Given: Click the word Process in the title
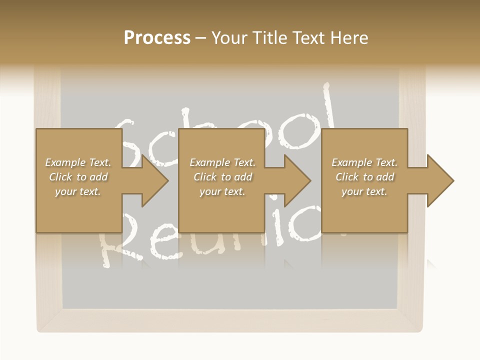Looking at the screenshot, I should [x=157, y=37].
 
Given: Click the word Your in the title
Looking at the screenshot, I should [x=228, y=37].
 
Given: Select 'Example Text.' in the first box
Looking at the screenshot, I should [x=78, y=162].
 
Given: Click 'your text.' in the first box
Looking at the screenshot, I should [x=78, y=191].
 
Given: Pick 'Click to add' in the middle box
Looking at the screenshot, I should [x=222, y=177].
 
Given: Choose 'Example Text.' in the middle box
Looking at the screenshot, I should [x=222, y=162].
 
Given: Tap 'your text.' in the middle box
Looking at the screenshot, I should [x=222, y=191].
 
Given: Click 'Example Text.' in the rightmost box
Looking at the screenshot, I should [x=364, y=162].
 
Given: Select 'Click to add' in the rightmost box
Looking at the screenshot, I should [x=364, y=177].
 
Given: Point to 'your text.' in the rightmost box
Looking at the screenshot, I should [x=364, y=191].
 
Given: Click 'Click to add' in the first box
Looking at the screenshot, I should [x=78, y=177].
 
